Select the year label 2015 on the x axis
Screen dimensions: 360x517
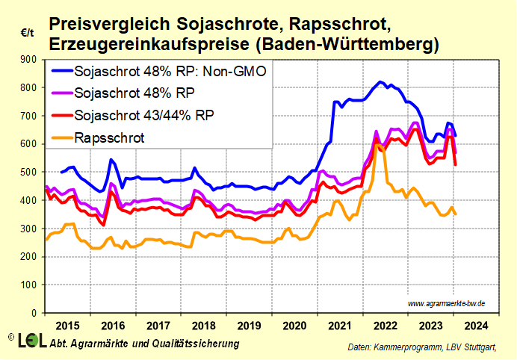[x=67, y=326]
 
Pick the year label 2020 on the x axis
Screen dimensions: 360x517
[x=295, y=326]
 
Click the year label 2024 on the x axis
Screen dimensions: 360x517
[x=477, y=326]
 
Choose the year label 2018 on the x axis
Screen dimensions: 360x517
[x=204, y=326]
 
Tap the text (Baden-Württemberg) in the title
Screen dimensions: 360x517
[x=347, y=45]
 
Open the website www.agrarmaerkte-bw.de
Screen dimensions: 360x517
[x=447, y=303]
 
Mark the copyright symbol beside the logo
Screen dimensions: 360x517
[x=10, y=338]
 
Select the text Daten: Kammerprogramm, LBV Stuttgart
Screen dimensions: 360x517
[x=421, y=348]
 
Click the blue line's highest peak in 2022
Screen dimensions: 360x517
[x=380, y=81]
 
